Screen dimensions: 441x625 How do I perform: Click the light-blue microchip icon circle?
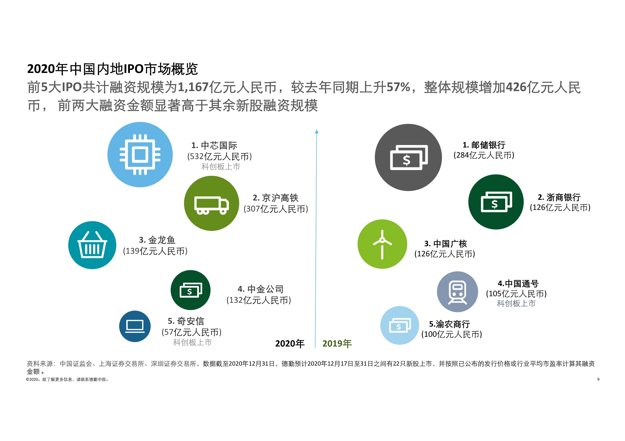140,155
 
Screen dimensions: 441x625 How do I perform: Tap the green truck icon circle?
211,203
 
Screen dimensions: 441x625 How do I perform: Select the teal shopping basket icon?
92,245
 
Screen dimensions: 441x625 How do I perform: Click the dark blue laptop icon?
135,326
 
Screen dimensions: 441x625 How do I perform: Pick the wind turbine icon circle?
382,244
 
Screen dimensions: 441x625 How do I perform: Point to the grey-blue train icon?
457,292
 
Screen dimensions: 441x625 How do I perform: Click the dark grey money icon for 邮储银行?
408,157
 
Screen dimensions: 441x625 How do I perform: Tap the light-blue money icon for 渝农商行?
399,325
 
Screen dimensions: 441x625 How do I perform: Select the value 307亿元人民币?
276,209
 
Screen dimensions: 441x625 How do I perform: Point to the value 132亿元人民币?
259,300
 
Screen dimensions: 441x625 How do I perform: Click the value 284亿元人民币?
484,155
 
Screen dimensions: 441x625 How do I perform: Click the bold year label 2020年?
290,344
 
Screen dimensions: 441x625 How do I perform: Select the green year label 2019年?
337,344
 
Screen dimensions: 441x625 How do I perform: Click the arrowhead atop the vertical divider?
317,132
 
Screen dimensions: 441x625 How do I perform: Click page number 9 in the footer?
598,379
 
